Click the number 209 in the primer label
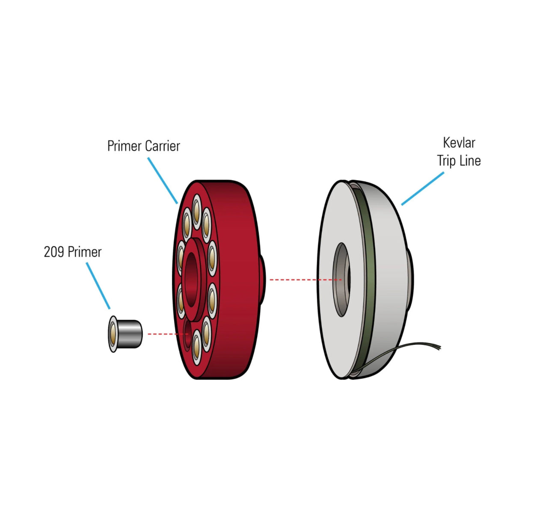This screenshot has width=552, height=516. [x=53, y=252]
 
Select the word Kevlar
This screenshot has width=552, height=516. [x=459, y=143]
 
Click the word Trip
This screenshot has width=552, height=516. [x=447, y=161]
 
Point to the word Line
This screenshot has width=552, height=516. [x=470, y=161]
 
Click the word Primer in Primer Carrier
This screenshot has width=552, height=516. [x=124, y=146]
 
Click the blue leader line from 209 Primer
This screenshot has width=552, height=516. [x=98, y=285]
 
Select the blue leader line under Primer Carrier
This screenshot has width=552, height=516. [x=163, y=180]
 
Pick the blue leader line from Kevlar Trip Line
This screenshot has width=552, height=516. [x=423, y=188]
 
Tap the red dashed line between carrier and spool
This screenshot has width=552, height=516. [x=305, y=280]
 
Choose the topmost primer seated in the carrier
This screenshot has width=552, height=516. [x=196, y=211]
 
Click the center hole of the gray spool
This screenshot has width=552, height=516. [x=341, y=280]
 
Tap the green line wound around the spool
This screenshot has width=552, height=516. [x=368, y=278]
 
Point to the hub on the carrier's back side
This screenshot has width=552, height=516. [x=262, y=280]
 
